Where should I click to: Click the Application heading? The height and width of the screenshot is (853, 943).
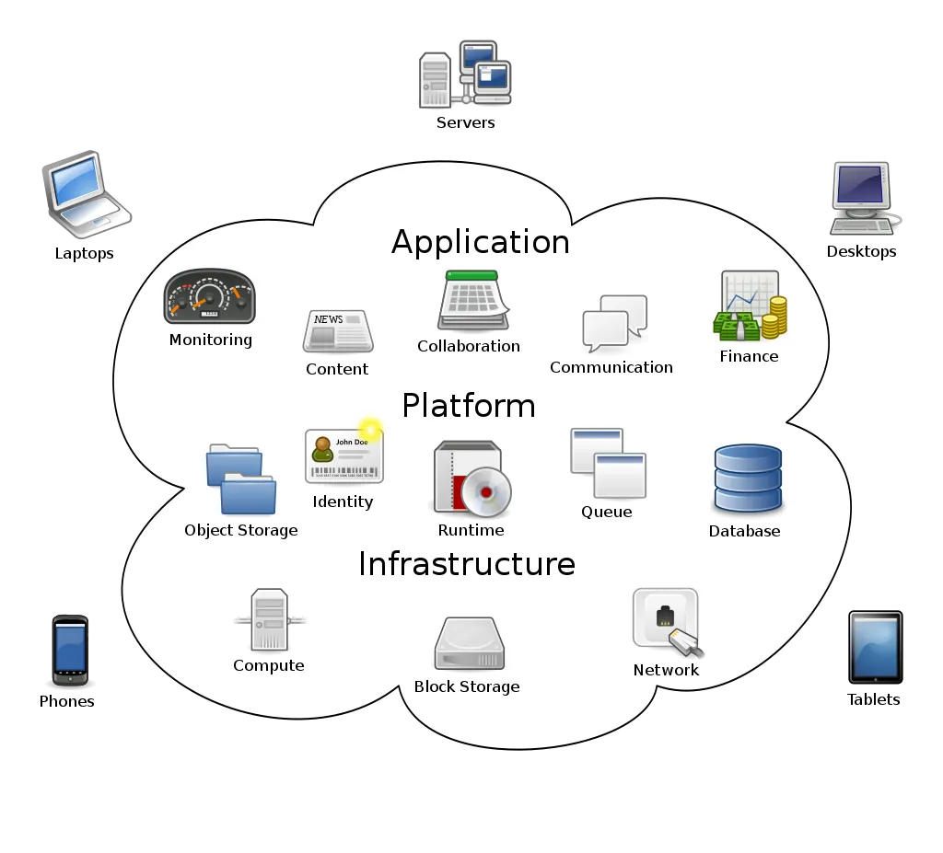(481, 242)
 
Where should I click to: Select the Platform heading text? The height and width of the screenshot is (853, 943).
(469, 406)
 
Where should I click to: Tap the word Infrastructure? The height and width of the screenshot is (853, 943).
(466, 564)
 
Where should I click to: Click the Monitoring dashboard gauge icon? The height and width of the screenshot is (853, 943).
(209, 297)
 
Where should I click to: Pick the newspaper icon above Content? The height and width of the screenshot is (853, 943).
(337, 332)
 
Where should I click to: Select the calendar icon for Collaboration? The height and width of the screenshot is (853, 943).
(472, 301)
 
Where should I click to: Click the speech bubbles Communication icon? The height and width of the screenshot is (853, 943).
(614, 323)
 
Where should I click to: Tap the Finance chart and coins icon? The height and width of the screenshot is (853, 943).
(750, 306)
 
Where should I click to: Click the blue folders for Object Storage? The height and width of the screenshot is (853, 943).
(240, 479)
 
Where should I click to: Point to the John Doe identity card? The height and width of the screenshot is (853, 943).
(343, 455)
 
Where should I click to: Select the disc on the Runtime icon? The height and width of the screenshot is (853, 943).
(486, 491)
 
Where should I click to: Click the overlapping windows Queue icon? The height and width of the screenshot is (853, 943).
(608, 463)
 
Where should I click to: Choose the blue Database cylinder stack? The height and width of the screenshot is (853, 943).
(747, 478)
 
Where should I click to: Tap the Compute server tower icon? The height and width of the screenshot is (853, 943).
(269, 620)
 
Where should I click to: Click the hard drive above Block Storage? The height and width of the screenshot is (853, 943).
(469, 644)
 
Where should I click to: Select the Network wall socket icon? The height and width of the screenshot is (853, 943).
(666, 621)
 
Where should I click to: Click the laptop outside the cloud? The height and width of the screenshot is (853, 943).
(85, 195)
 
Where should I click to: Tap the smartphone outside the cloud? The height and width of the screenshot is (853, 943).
(70, 649)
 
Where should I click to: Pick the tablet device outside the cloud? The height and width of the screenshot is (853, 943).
(874, 647)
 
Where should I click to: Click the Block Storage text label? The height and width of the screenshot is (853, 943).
(466, 686)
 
